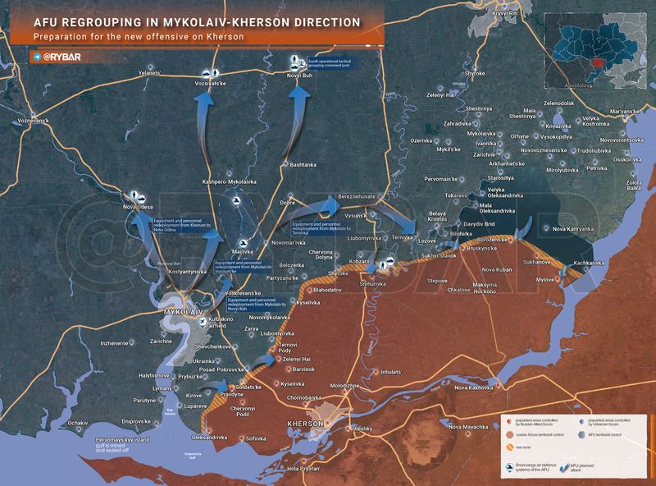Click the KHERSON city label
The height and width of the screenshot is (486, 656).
click(307, 423)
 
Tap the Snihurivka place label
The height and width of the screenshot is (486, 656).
click(373, 283)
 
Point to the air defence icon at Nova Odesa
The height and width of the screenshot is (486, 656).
click(135, 196)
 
